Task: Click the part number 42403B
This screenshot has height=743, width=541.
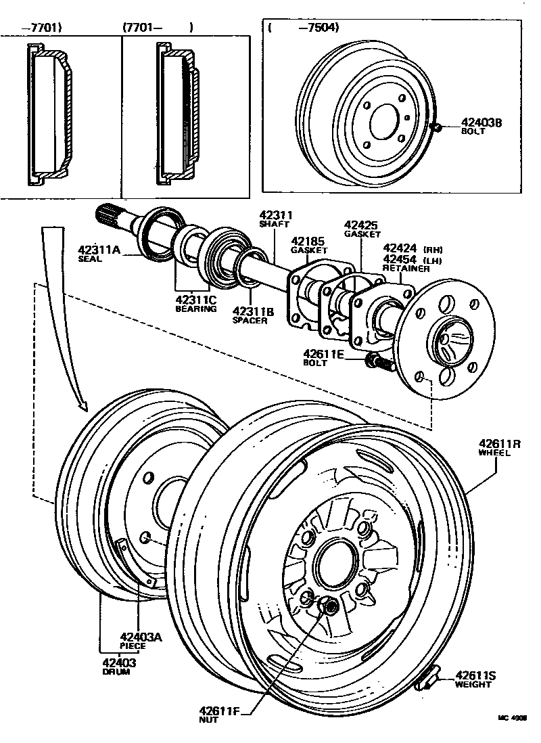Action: [x=481, y=123]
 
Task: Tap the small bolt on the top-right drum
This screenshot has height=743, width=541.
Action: [x=438, y=127]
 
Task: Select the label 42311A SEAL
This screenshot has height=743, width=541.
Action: [x=99, y=253]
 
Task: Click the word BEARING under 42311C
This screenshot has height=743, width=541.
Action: [x=195, y=309]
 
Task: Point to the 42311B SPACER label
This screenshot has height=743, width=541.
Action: [x=253, y=315]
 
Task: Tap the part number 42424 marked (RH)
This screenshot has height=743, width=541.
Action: [x=400, y=248]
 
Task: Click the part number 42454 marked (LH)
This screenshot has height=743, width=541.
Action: [x=400, y=258]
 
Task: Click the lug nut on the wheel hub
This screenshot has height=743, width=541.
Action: [x=329, y=607]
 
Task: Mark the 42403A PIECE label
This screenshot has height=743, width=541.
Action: [x=141, y=639]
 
